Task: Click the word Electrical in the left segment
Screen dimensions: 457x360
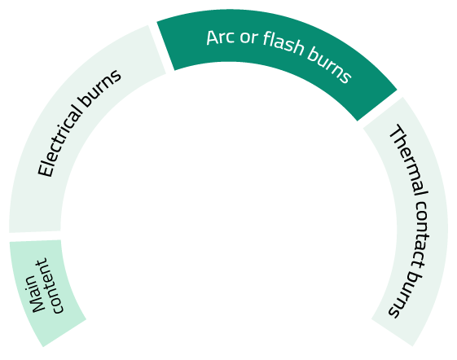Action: coord(59,139)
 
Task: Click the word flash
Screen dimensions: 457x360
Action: coord(283,44)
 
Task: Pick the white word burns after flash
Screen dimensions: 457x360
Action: coord(329,66)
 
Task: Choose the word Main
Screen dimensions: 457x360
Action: coord(36,294)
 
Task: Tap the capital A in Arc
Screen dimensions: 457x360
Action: coord(212,38)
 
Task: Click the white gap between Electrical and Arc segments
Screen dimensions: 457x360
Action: coord(161,47)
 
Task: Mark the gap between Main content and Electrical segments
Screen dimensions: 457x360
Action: coord(35,236)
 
